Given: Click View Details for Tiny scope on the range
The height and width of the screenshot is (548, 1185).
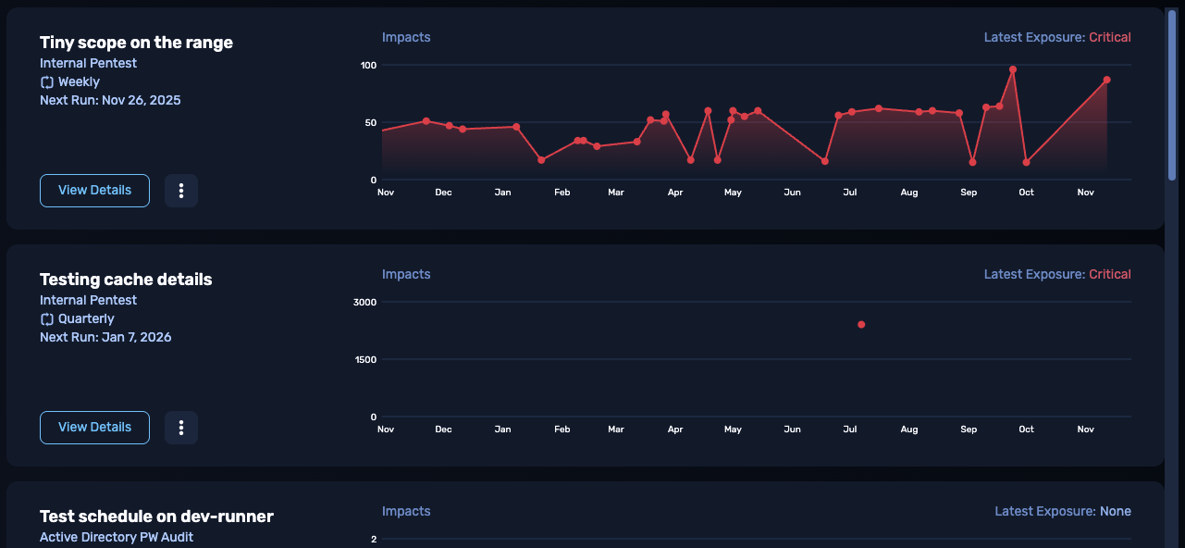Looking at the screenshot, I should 94,191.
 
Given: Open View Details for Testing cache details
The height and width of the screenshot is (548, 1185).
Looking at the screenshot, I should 94,428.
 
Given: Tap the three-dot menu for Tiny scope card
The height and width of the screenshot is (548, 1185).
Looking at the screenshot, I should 181,191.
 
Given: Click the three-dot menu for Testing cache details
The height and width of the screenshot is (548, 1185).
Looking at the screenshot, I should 181,428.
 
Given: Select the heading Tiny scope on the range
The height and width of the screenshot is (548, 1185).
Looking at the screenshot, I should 136,43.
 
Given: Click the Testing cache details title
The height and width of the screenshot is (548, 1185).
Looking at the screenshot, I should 126,280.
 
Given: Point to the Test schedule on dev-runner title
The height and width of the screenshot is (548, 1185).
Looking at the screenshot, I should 156,517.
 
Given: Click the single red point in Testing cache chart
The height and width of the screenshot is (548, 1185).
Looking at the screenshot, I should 861,325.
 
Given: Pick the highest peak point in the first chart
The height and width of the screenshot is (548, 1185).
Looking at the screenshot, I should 1013,69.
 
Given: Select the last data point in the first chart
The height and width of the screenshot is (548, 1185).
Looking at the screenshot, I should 1106,81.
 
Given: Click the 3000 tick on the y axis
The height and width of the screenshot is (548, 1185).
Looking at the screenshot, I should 365,302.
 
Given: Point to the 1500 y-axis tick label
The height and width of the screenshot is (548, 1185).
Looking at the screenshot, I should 365,359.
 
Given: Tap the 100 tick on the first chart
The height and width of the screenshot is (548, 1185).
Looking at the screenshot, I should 368,65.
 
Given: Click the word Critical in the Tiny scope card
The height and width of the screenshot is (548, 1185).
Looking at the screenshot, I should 1109,38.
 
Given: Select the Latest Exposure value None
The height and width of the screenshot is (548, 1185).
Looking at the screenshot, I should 1115,512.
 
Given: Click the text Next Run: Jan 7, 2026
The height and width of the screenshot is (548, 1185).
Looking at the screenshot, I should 105,337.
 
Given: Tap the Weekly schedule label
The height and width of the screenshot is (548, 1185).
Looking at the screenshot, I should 79,82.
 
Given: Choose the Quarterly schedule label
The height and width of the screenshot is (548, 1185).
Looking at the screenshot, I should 86,319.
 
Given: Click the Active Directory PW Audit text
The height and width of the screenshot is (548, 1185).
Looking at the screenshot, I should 117,537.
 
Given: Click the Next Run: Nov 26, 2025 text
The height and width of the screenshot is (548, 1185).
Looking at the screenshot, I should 110,100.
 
